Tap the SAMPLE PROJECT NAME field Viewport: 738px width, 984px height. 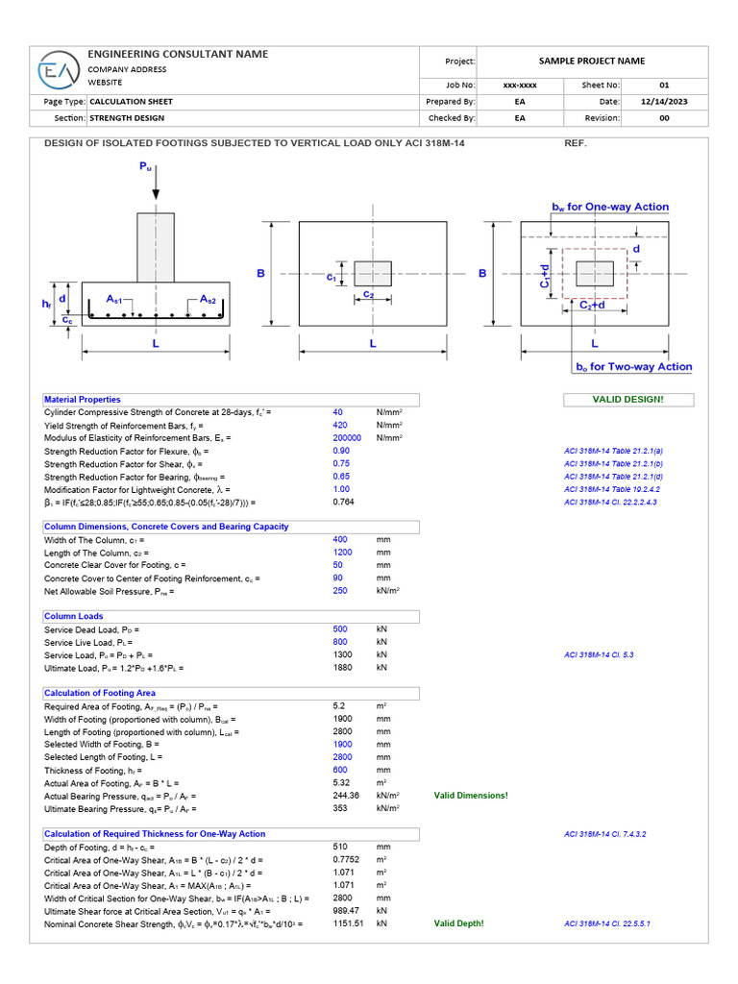tap(591, 61)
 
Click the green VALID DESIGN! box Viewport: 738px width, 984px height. tap(627, 400)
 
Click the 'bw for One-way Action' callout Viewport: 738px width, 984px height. tap(609, 208)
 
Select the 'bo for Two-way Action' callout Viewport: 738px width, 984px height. tap(633, 367)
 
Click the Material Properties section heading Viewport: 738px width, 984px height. tap(83, 400)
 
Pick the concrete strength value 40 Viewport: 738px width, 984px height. tap(337, 411)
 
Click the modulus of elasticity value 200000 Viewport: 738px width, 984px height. tap(346, 437)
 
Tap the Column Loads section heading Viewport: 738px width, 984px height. tap(74, 617)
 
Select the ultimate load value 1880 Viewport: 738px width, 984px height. tap(342, 667)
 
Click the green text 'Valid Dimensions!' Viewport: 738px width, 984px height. tap(471, 796)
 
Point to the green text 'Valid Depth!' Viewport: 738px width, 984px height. tap(459, 923)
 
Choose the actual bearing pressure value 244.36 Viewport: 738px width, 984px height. tap(345, 796)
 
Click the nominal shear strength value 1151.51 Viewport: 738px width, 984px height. tap(345, 923)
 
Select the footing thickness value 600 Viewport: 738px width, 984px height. tap(340, 770)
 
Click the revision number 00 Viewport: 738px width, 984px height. tap(664, 118)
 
